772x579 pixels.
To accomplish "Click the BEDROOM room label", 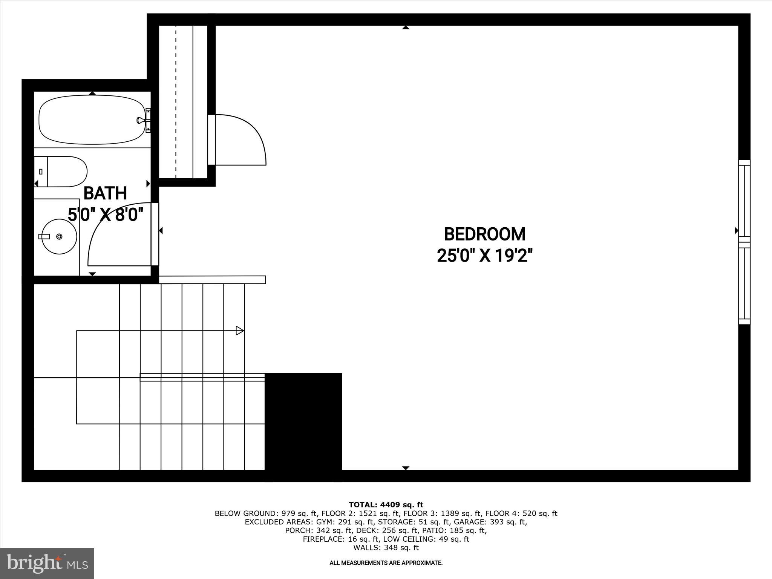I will click(484, 234).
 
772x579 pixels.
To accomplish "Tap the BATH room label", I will click(105, 193).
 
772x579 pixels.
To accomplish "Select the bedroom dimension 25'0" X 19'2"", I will click(484, 256).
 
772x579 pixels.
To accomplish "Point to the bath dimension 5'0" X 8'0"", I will click(106, 215).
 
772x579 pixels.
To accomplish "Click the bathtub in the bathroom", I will click(92, 119).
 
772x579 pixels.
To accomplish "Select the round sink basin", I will click(59, 236).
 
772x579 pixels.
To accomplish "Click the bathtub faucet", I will click(140, 120).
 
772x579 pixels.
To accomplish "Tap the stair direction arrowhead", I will click(240, 331).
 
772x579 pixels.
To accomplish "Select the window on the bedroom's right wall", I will click(744, 242).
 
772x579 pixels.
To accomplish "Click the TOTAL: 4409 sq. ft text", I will click(386, 505).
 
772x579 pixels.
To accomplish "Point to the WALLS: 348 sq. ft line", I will click(386, 548).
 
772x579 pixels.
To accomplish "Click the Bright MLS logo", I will click(47, 564).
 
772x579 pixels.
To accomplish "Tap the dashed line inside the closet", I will click(176, 102).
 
